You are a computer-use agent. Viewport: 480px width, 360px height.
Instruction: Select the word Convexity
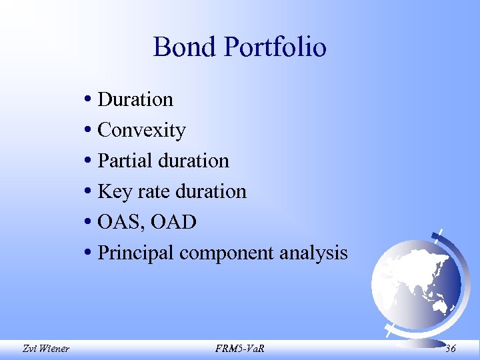click(141, 130)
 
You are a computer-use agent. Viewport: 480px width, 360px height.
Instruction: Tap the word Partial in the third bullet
click(121, 161)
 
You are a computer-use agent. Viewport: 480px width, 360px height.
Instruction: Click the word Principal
click(136, 253)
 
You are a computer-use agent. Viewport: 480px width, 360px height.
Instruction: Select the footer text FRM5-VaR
click(239, 348)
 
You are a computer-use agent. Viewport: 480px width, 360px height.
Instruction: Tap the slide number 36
click(451, 347)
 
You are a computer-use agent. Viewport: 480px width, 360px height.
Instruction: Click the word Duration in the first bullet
click(135, 99)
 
